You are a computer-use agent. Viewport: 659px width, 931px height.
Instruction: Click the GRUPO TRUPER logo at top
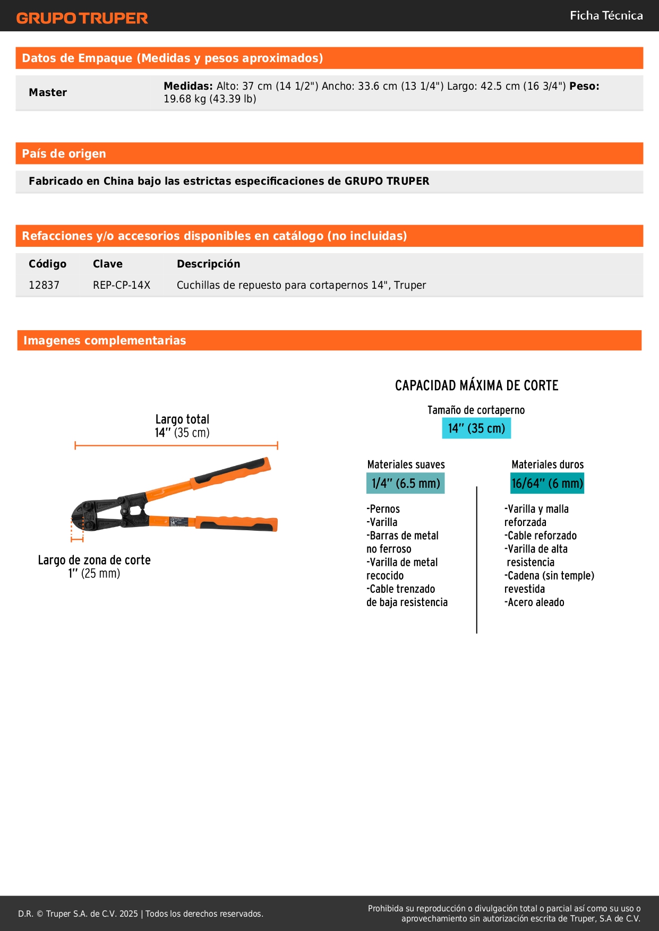82,18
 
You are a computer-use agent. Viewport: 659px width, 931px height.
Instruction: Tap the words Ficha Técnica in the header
606,15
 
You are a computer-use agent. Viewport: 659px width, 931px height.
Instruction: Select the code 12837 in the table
44,285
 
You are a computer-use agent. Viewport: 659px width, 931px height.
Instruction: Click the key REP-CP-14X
122,285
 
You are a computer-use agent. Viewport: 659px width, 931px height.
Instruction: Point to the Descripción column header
209,264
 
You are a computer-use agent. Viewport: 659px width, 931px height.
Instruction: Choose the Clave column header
108,264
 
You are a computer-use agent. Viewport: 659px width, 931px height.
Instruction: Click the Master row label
48,92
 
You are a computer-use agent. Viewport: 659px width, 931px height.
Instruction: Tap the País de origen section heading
64,153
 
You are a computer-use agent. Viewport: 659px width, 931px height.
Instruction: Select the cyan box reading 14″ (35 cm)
476,428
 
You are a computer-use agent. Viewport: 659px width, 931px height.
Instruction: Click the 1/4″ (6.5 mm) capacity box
406,484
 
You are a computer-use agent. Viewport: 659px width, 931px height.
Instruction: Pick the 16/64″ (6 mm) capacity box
547,484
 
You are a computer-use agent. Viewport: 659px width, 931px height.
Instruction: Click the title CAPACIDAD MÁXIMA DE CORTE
477,385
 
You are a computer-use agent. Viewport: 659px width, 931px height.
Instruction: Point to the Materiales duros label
547,464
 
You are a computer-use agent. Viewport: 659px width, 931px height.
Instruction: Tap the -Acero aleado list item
534,602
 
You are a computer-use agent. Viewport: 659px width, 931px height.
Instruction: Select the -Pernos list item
383,508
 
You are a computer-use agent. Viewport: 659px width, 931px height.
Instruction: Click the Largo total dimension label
182,426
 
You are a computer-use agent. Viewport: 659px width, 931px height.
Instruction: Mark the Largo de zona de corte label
95,566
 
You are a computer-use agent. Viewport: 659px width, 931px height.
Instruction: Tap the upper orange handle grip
232,474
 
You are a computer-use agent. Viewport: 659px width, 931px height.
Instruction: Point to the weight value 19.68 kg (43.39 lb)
210,99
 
